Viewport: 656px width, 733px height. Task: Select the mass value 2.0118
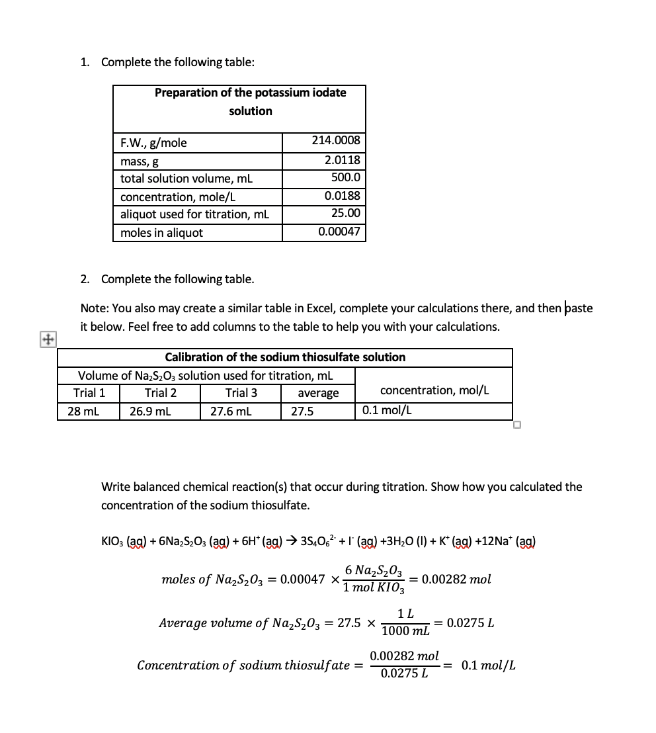(342, 160)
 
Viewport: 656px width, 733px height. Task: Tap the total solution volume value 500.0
(345, 177)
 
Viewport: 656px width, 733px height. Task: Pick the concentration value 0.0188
(342, 196)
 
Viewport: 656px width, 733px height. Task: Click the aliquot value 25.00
(345, 213)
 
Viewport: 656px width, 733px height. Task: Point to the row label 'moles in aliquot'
(161, 233)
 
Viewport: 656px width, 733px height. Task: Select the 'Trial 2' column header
(160, 393)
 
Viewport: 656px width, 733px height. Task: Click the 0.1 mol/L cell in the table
(387, 410)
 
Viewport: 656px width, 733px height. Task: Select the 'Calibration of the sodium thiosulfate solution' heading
(285, 357)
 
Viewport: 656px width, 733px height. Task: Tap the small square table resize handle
(517, 425)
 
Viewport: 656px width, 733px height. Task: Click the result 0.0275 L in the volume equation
(471, 623)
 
